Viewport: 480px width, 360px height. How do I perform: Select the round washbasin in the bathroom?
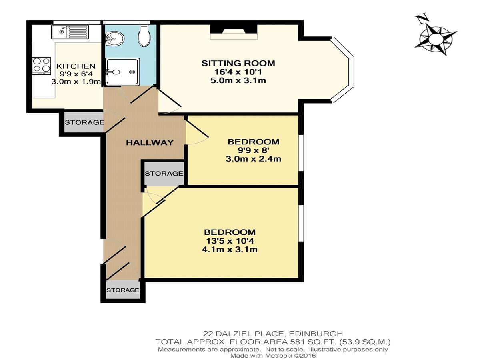(x=114, y=39)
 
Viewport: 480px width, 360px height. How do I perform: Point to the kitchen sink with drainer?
(x=70, y=32)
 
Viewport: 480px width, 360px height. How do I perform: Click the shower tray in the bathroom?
(x=122, y=72)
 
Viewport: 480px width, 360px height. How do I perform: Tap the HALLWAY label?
(x=150, y=143)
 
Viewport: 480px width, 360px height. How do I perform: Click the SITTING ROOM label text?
(x=238, y=63)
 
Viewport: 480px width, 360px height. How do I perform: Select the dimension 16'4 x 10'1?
(x=238, y=72)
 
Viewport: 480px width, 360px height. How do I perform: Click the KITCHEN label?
(x=76, y=66)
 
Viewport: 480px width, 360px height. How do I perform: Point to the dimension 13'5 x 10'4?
(x=230, y=241)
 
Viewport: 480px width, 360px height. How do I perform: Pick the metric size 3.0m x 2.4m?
(x=253, y=159)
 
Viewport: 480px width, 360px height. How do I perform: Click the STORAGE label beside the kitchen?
(x=84, y=122)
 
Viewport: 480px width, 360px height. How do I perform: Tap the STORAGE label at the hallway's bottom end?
(x=123, y=290)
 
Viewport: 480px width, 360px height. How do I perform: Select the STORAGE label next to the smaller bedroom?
(x=164, y=174)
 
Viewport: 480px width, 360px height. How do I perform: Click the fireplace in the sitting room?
(x=234, y=32)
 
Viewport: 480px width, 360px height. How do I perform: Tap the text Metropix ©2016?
(x=291, y=356)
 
